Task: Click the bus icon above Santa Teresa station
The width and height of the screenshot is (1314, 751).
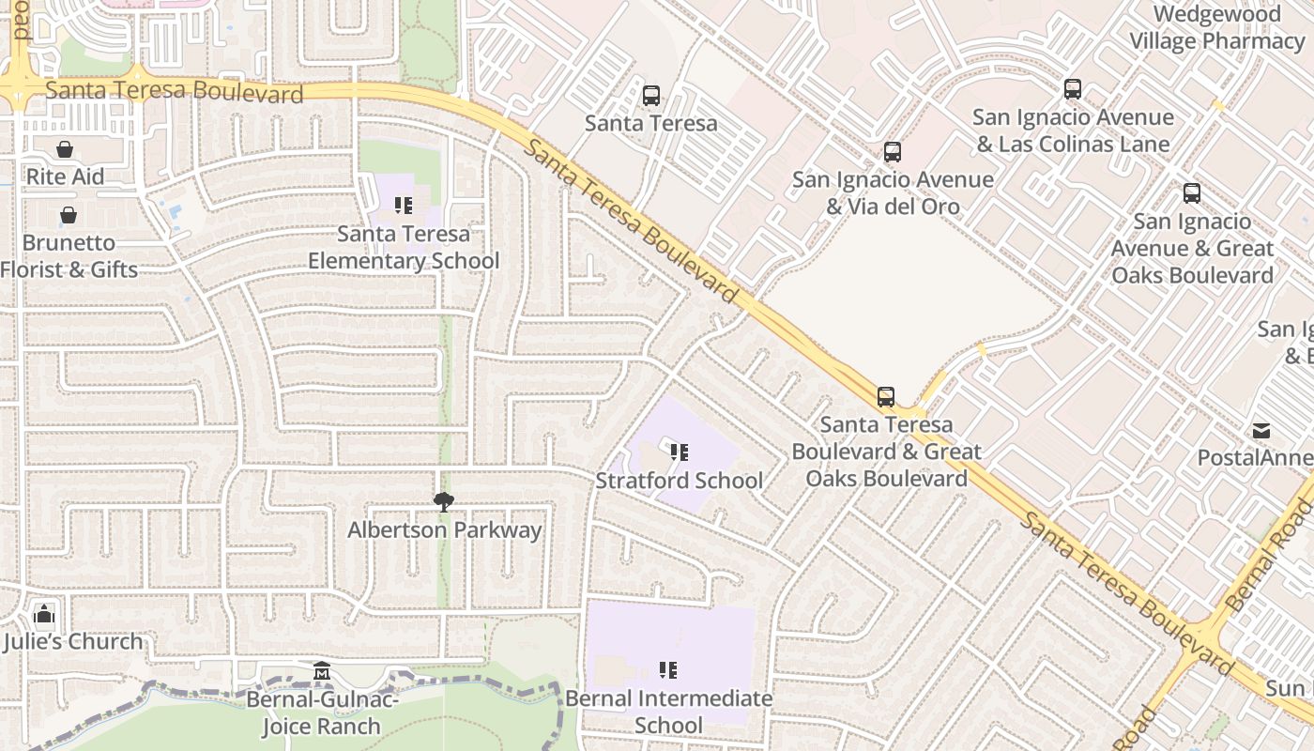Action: [x=650, y=96]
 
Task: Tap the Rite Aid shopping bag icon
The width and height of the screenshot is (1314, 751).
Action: [x=65, y=149]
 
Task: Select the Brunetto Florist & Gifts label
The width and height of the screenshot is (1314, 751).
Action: [x=69, y=256]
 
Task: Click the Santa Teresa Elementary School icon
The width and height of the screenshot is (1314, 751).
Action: [x=404, y=206]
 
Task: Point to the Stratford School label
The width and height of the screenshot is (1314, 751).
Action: [x=679, y=481]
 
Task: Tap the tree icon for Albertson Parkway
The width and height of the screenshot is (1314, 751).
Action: [x=444, y=502]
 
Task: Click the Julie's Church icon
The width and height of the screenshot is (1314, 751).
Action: [x=44, y=616]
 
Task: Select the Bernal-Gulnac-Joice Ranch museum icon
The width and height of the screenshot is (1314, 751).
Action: [x=322, y=671]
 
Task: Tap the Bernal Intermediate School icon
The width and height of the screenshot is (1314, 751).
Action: [x=668, y=670]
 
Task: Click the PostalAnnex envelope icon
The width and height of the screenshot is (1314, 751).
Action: [x=1261, y=431]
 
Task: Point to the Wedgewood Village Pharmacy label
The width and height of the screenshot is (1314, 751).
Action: [x=1216, y=28]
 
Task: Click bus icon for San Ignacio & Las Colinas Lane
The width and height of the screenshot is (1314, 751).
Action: [x=1073, y=89]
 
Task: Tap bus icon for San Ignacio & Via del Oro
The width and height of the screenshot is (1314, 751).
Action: [x=893, y=151]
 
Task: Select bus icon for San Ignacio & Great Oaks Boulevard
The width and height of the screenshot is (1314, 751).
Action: [x=1192, y=193]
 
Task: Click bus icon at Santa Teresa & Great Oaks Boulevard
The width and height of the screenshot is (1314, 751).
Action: [x=886, y=396]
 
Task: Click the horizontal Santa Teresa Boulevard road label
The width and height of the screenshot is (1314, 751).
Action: [x=175, y=91]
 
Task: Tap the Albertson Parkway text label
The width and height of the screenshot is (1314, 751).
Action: [x=444, y=530]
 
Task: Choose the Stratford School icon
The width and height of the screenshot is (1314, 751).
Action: [x=680, y=452]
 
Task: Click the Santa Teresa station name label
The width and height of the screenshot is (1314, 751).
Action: [x=650, y=123]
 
